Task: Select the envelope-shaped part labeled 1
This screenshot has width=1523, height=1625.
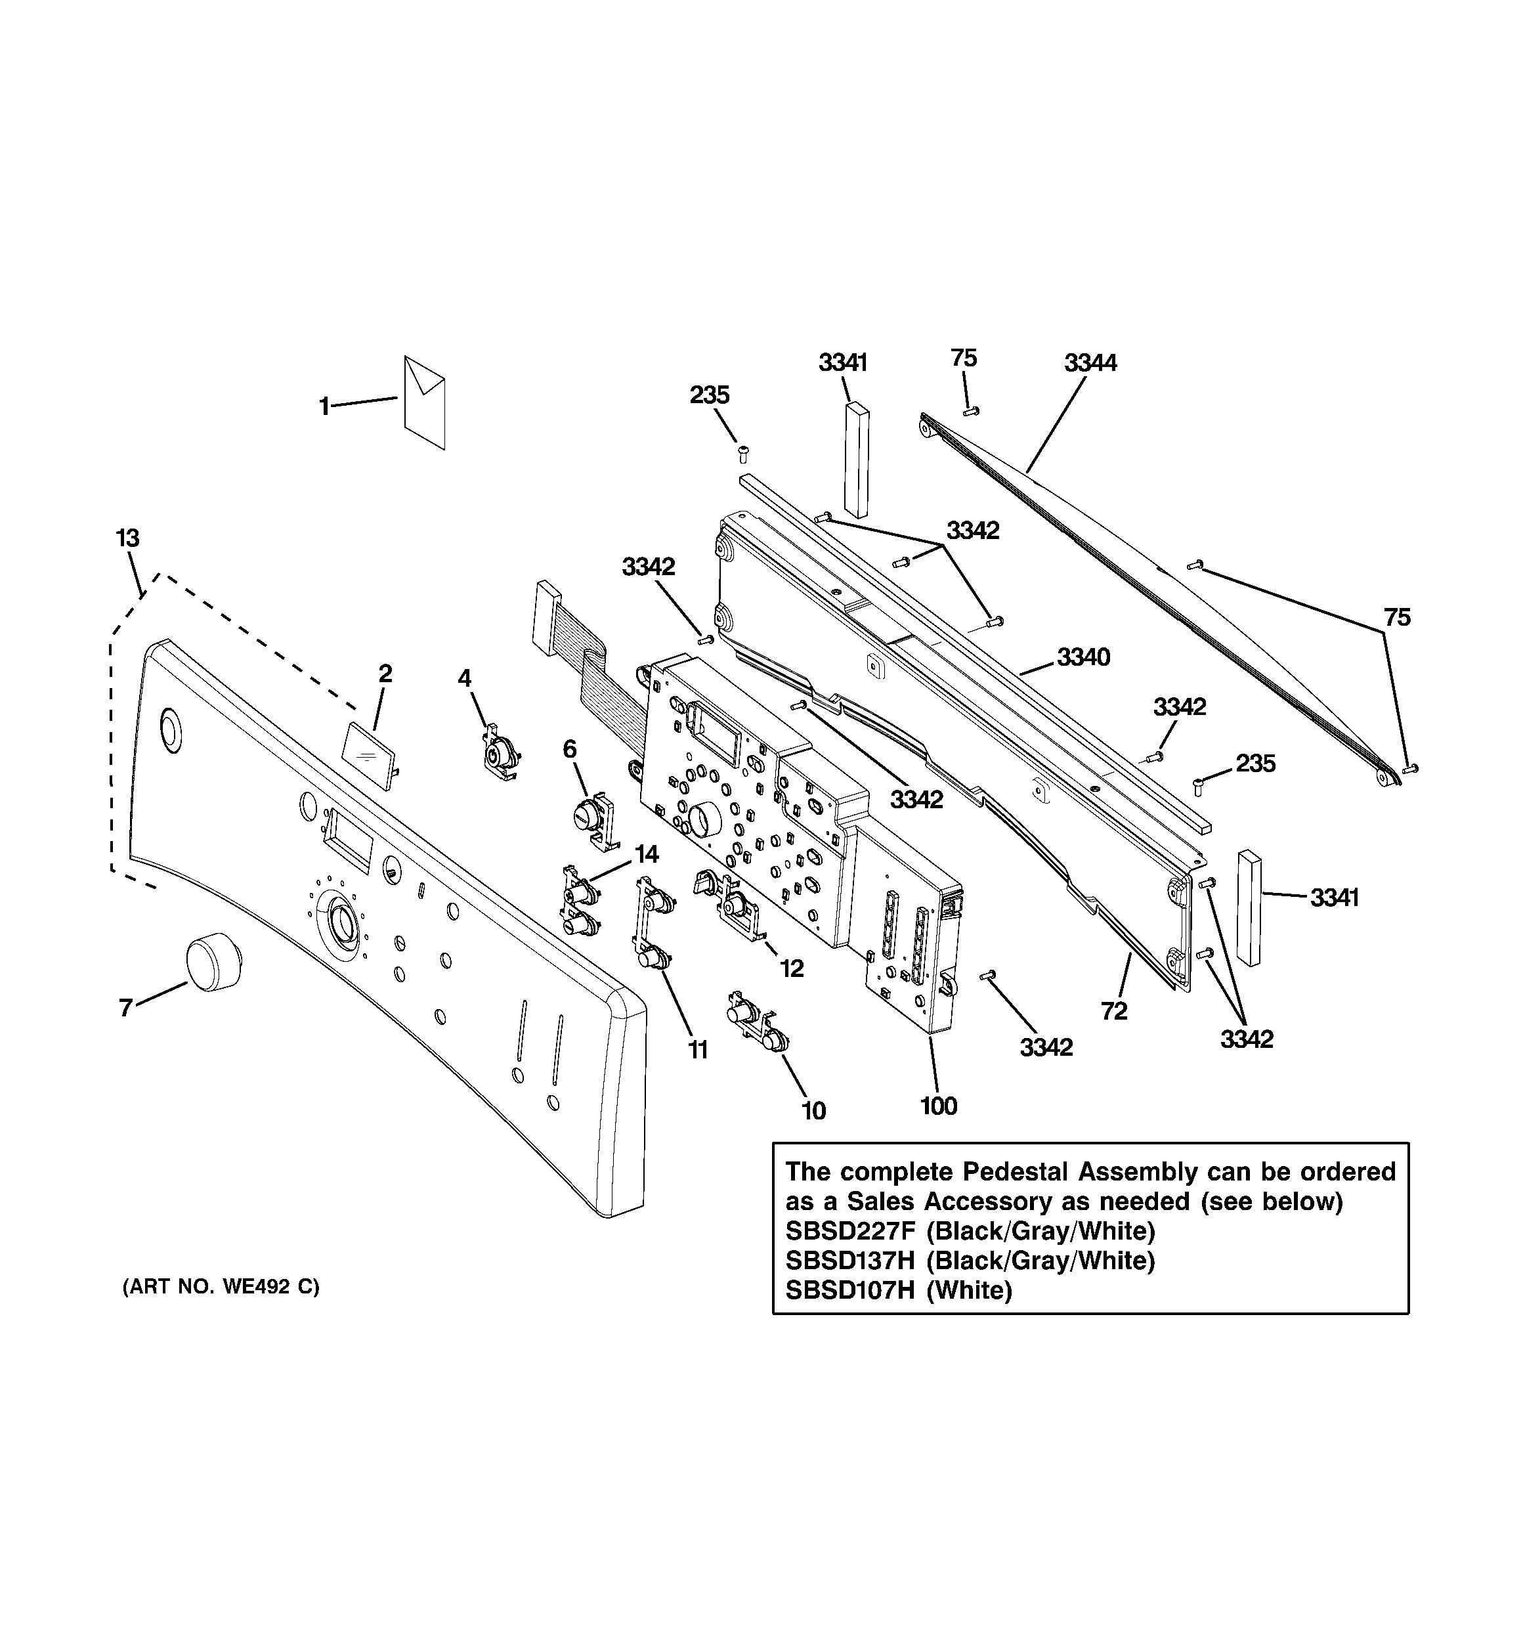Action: pyautogui.click(x=424, y=402)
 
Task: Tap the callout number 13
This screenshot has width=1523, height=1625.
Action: pyautogui.click(x=127, y=538)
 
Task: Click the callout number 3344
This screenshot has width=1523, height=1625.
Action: pyautogui.click(x=1090, y=363)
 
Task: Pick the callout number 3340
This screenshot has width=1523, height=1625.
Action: pyautogui.click(x=1083, y=657)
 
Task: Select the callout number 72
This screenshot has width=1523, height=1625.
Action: pyautogui.click(x=1114, y=1011)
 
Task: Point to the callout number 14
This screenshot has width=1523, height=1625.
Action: pyautogui.click(x=646, y=854)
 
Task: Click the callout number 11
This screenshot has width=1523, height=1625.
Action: pyautogui.click(x=697, y=1050)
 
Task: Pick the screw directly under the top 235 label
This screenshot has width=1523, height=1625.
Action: pyautogui.click(x=743, y=453)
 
